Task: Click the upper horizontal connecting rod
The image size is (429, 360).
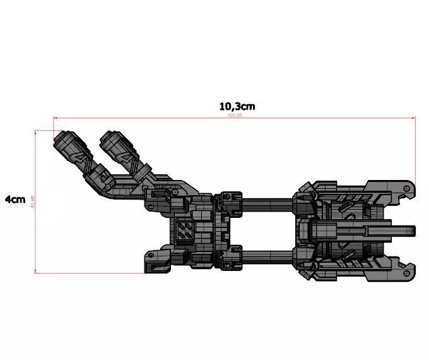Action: pyautogui.click(x=267, y=203)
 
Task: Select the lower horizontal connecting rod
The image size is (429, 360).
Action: pyautogui.click(x=267, y=255)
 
